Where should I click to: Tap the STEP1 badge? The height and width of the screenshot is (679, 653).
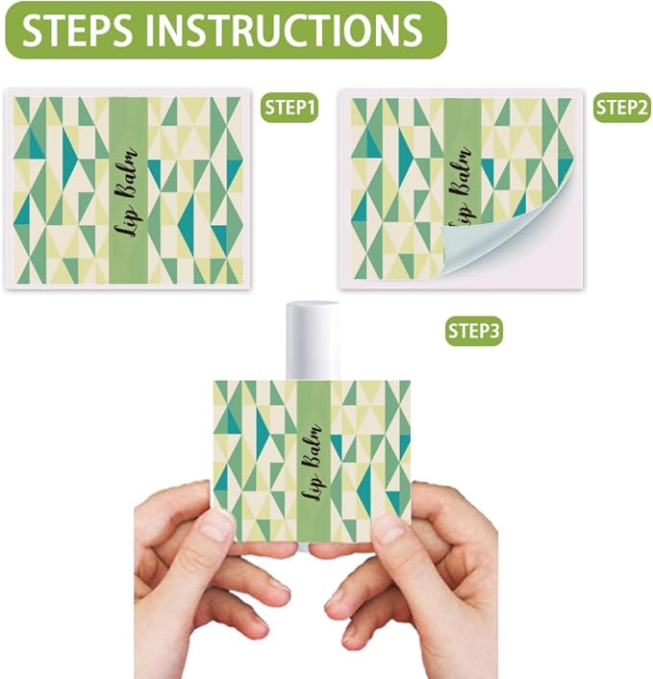click(289, 109)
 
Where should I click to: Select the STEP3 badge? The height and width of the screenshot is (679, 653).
click(474, 332)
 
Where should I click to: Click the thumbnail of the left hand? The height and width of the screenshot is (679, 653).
click(217, 525)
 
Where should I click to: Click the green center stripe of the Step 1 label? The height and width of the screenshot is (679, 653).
click(127, 240)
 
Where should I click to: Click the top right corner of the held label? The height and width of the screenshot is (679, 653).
click(409, 382)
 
